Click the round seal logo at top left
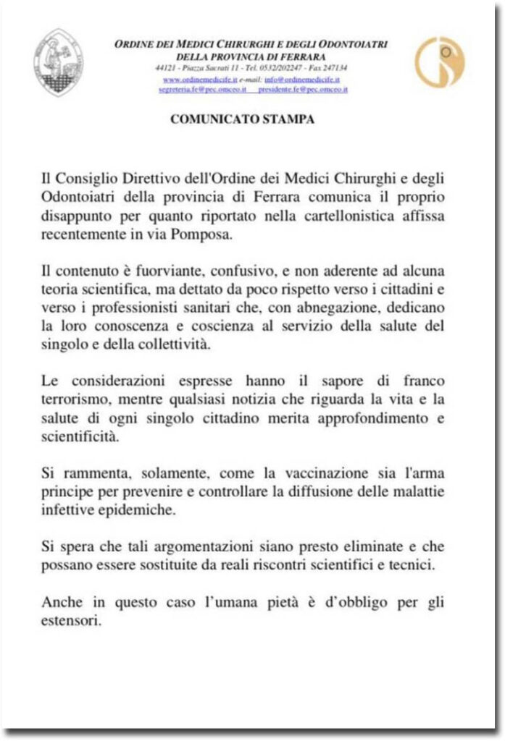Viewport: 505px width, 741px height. pos(59,62)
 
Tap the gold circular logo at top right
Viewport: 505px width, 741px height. pos(440,63)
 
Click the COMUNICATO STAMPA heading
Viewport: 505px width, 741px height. pos(243,120)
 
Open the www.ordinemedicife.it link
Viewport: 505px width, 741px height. pos(200,79)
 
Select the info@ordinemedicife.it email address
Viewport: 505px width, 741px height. pos(301,79)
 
